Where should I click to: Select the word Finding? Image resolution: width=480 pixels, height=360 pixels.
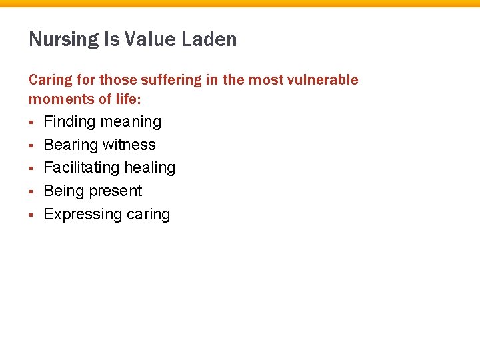[69, 122]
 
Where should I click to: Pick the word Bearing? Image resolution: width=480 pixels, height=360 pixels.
[70, 145]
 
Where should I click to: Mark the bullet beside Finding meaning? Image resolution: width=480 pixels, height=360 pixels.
[31, 123]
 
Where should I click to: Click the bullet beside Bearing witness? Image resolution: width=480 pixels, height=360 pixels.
[31, 145]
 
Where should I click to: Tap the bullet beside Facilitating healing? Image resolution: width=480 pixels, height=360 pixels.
[31, 169]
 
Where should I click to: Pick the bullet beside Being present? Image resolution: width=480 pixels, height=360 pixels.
[31, 192]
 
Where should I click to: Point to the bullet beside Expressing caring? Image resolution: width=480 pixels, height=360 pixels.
[31, 215]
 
